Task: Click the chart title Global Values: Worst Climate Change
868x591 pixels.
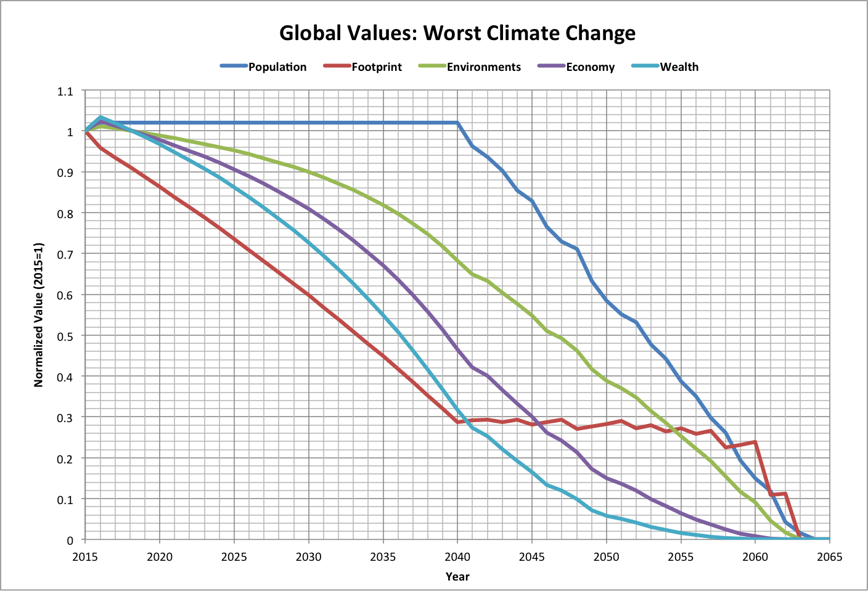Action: coord(457,33)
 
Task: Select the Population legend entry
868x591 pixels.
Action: coord(277,67)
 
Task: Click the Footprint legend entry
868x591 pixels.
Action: coord(376,67)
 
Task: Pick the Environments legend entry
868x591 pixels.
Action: coord(483,67)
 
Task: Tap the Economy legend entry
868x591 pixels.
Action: coord(590,67)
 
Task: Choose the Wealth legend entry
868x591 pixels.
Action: coord(679,67)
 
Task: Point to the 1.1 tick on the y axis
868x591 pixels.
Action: coord(65,91)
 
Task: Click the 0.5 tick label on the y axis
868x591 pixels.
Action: coord(65,336)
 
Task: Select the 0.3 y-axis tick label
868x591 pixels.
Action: coord(65,418)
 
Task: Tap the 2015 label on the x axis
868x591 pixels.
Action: coord(85,557)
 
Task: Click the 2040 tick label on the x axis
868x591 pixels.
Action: coord(457,557)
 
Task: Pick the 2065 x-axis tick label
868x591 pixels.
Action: coord(829,557)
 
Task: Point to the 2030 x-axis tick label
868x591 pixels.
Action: coord(308,557)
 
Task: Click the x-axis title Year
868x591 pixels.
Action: coord(457,577)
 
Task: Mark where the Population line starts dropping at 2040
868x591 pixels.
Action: coord(457,123)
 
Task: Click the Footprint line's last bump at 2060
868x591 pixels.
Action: coord(755,442)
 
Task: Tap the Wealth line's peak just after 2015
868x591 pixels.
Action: coord(100,117)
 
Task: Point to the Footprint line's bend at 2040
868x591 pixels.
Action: coord(457,422)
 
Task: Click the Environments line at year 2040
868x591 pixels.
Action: coord(457,260)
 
